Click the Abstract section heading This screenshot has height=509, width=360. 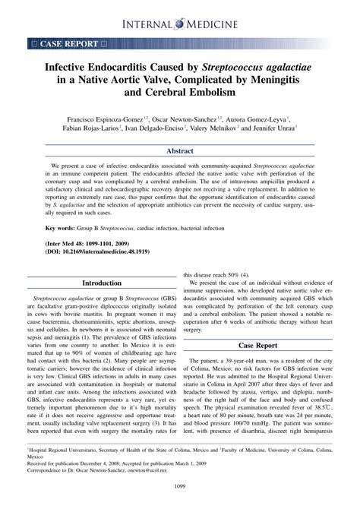180,152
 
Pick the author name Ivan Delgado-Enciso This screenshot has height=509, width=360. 159,130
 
